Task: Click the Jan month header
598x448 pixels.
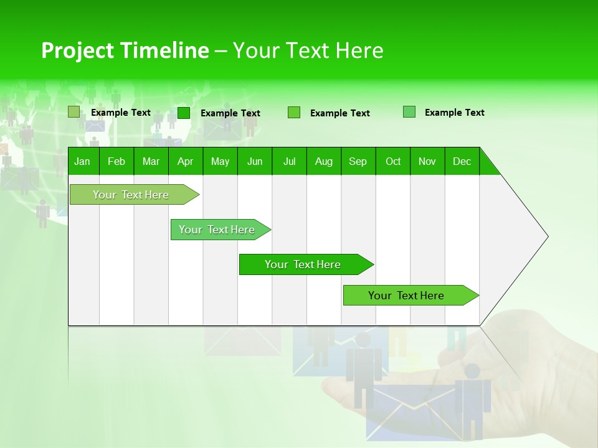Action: point(82,161)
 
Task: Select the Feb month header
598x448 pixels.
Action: point(116,161)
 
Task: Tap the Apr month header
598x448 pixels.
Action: point(185,161)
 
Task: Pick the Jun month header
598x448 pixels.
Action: point(255,161)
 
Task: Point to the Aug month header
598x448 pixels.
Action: point(324,161)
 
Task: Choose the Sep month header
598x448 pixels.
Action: point(358,161)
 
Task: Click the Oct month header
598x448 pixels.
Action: point(393,161)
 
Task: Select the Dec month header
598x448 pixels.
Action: point(462,161)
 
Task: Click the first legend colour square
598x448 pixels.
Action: point(74,112)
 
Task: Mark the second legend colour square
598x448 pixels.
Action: point(184,113)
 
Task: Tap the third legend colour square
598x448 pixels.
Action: point(294,113)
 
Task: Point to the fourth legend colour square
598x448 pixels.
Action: point(409,112)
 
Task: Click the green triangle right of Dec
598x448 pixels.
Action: point(488,166)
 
